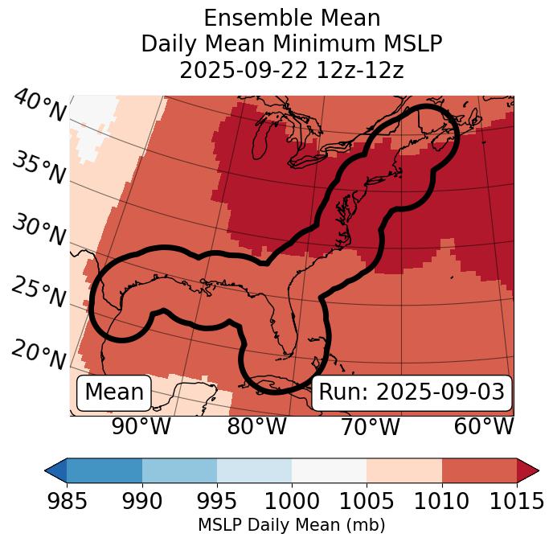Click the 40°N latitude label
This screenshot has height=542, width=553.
pyautogui.click(x=39, y=106)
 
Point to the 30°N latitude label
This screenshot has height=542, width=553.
pyautogui.click(x=39, y=232)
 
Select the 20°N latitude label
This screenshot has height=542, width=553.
pyautogui.click(x=39, y=354)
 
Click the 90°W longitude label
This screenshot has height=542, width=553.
pyautogui.click(x=141, y=427)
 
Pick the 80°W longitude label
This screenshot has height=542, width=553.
pyautogui.click(x=256, y=427)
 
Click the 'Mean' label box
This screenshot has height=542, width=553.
pyautogui.click(x=114, y=392)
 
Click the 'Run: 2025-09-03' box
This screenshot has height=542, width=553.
pyautogui.click(x=412, y=392)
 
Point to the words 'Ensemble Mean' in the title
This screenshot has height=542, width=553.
pyautogui.click(x=291, y=18)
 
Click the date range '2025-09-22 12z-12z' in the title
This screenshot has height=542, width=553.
pyautogui.click(x=291, y=70)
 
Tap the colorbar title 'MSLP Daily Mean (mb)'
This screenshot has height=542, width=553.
pyautogui.click(x=291, y=525)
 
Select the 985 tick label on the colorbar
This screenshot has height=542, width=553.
pyautogui.click(x=67, y=502)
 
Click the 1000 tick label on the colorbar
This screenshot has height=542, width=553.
pyautogui.click(x=292, y=502)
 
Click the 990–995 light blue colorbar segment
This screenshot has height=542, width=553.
pyautogui.click(x=179, y=470)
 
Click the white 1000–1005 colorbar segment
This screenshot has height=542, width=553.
pyautogui.click(x=329, y=470)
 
